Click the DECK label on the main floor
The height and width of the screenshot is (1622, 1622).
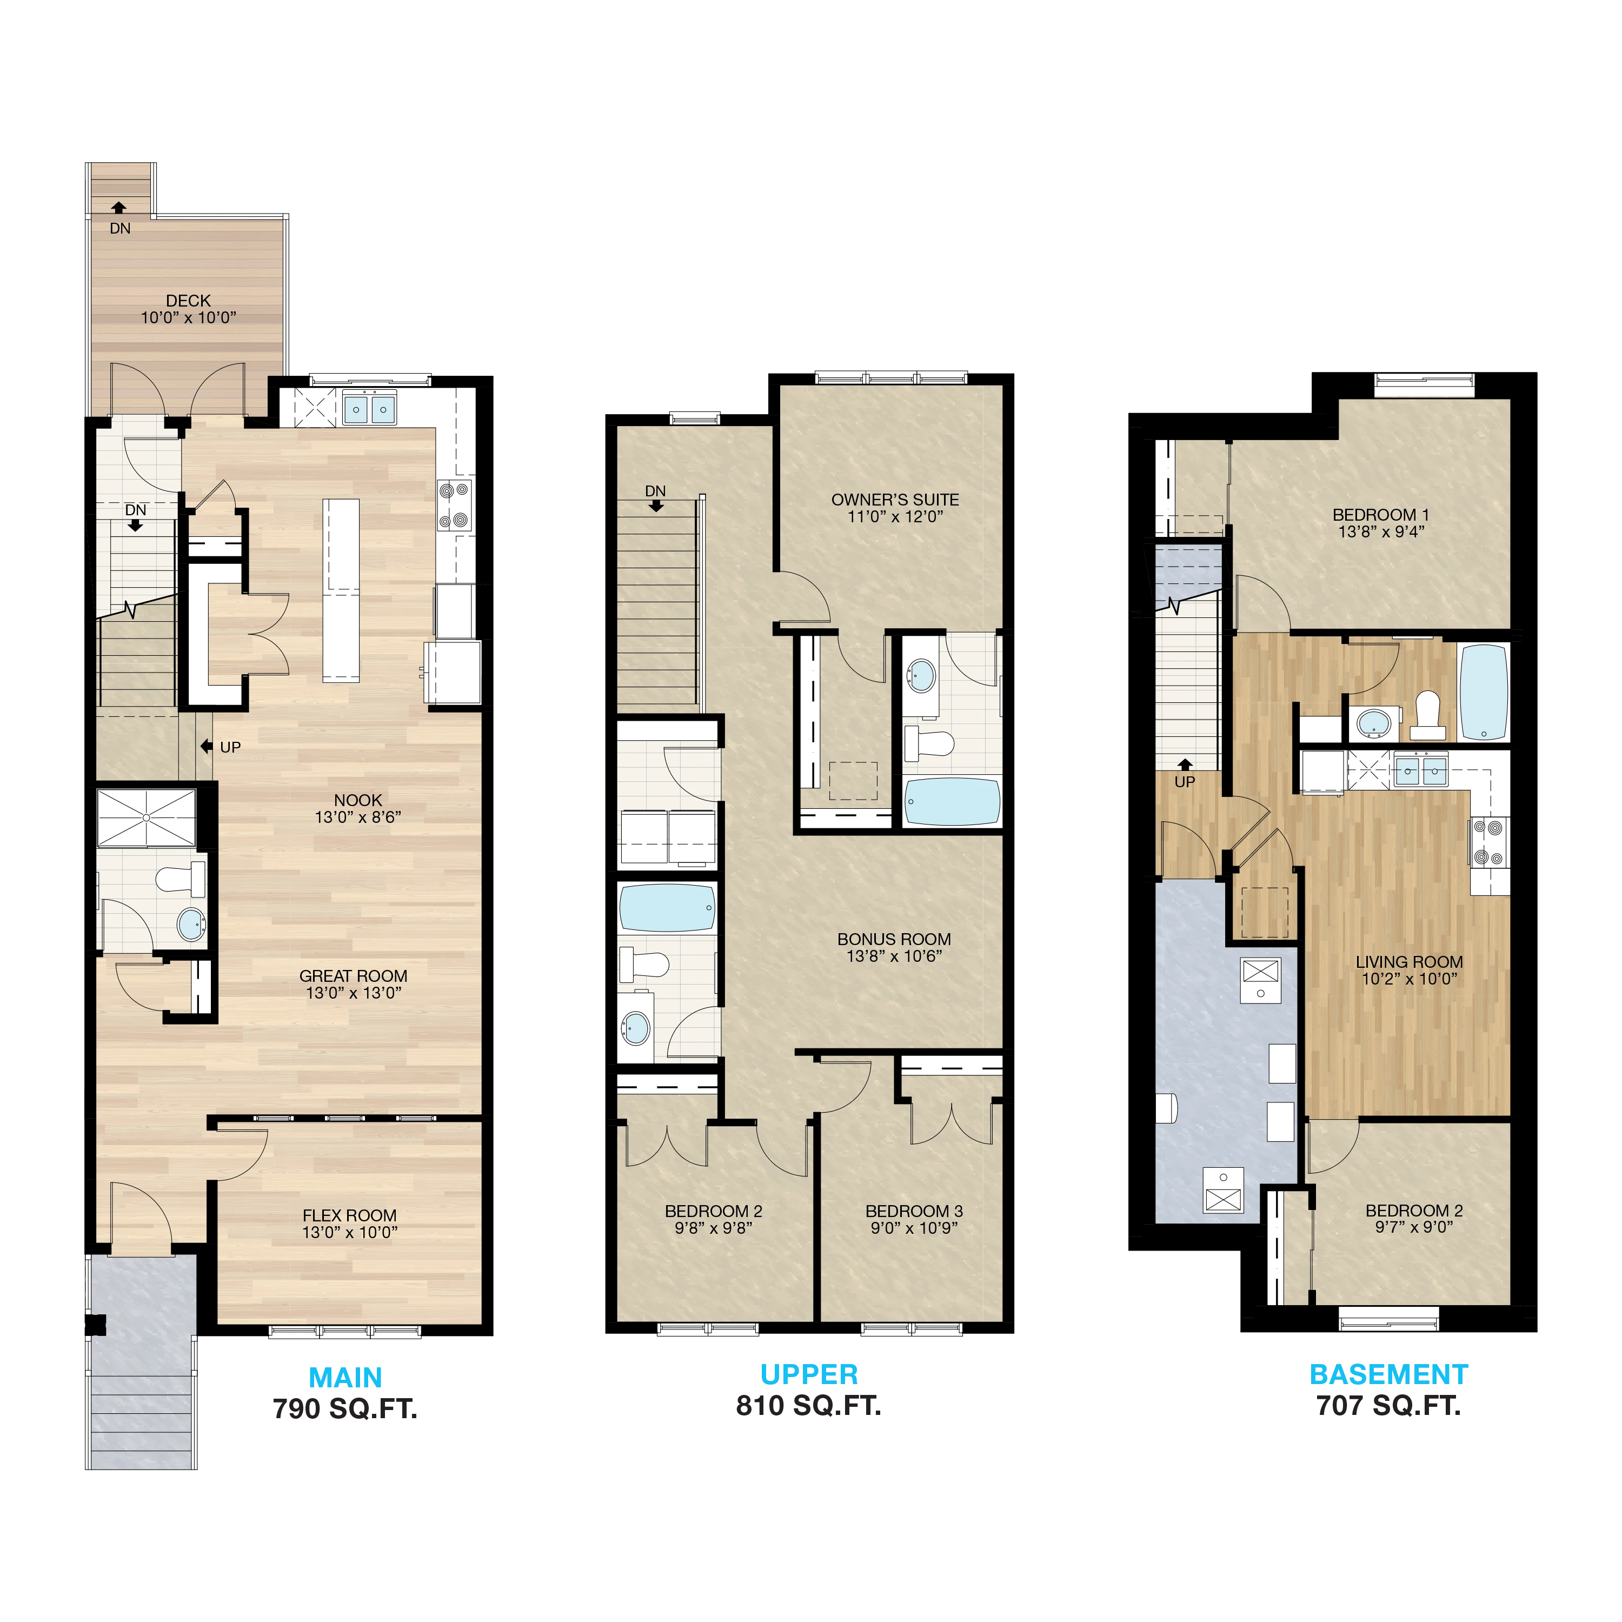click(188, 301)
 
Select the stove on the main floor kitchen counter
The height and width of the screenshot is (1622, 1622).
click(454, 506)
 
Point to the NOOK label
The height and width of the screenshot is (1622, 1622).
click(357, 800)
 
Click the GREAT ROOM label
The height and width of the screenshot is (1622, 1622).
click(354, 975)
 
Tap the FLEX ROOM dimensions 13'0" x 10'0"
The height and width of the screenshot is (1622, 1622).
click(350, 1233)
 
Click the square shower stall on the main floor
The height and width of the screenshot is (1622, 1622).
click(146, 817)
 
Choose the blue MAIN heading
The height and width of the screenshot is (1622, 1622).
click(345, 1378)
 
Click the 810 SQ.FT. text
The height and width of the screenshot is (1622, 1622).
click(808, 1405)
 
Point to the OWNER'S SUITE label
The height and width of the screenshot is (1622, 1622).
click(895, 500)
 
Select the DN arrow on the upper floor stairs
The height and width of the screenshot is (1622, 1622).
click(656, 506)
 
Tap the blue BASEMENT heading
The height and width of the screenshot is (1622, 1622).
click(1388, 1374)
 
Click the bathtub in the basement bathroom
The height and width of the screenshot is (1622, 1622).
click(1484, 693)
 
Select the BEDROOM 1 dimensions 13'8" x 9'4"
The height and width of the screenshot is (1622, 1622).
click(1381, 531)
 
